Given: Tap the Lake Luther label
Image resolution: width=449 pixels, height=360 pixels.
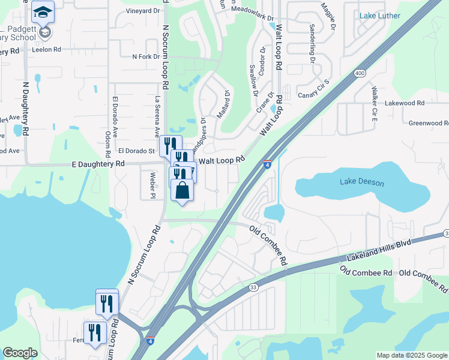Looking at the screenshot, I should click(x=380, y=16).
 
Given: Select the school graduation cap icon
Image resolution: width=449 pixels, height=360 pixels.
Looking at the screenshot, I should click(x=43, y=11).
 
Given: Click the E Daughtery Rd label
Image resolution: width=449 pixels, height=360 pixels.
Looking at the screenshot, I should click(x=98, y=163).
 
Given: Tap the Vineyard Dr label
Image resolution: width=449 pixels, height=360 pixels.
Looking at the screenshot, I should click(x=143, y=11).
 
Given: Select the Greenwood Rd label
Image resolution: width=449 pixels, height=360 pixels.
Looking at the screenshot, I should click(x=429, y=123).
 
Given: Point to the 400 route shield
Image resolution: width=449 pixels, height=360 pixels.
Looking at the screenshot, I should click(x=360, y=73).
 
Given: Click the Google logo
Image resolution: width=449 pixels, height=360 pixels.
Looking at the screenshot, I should click(x=20, y=353).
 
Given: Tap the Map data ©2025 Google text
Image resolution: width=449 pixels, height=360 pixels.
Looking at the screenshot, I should click(x=412, y=355).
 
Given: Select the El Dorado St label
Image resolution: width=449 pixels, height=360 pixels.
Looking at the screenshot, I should click(x=136, y=150).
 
